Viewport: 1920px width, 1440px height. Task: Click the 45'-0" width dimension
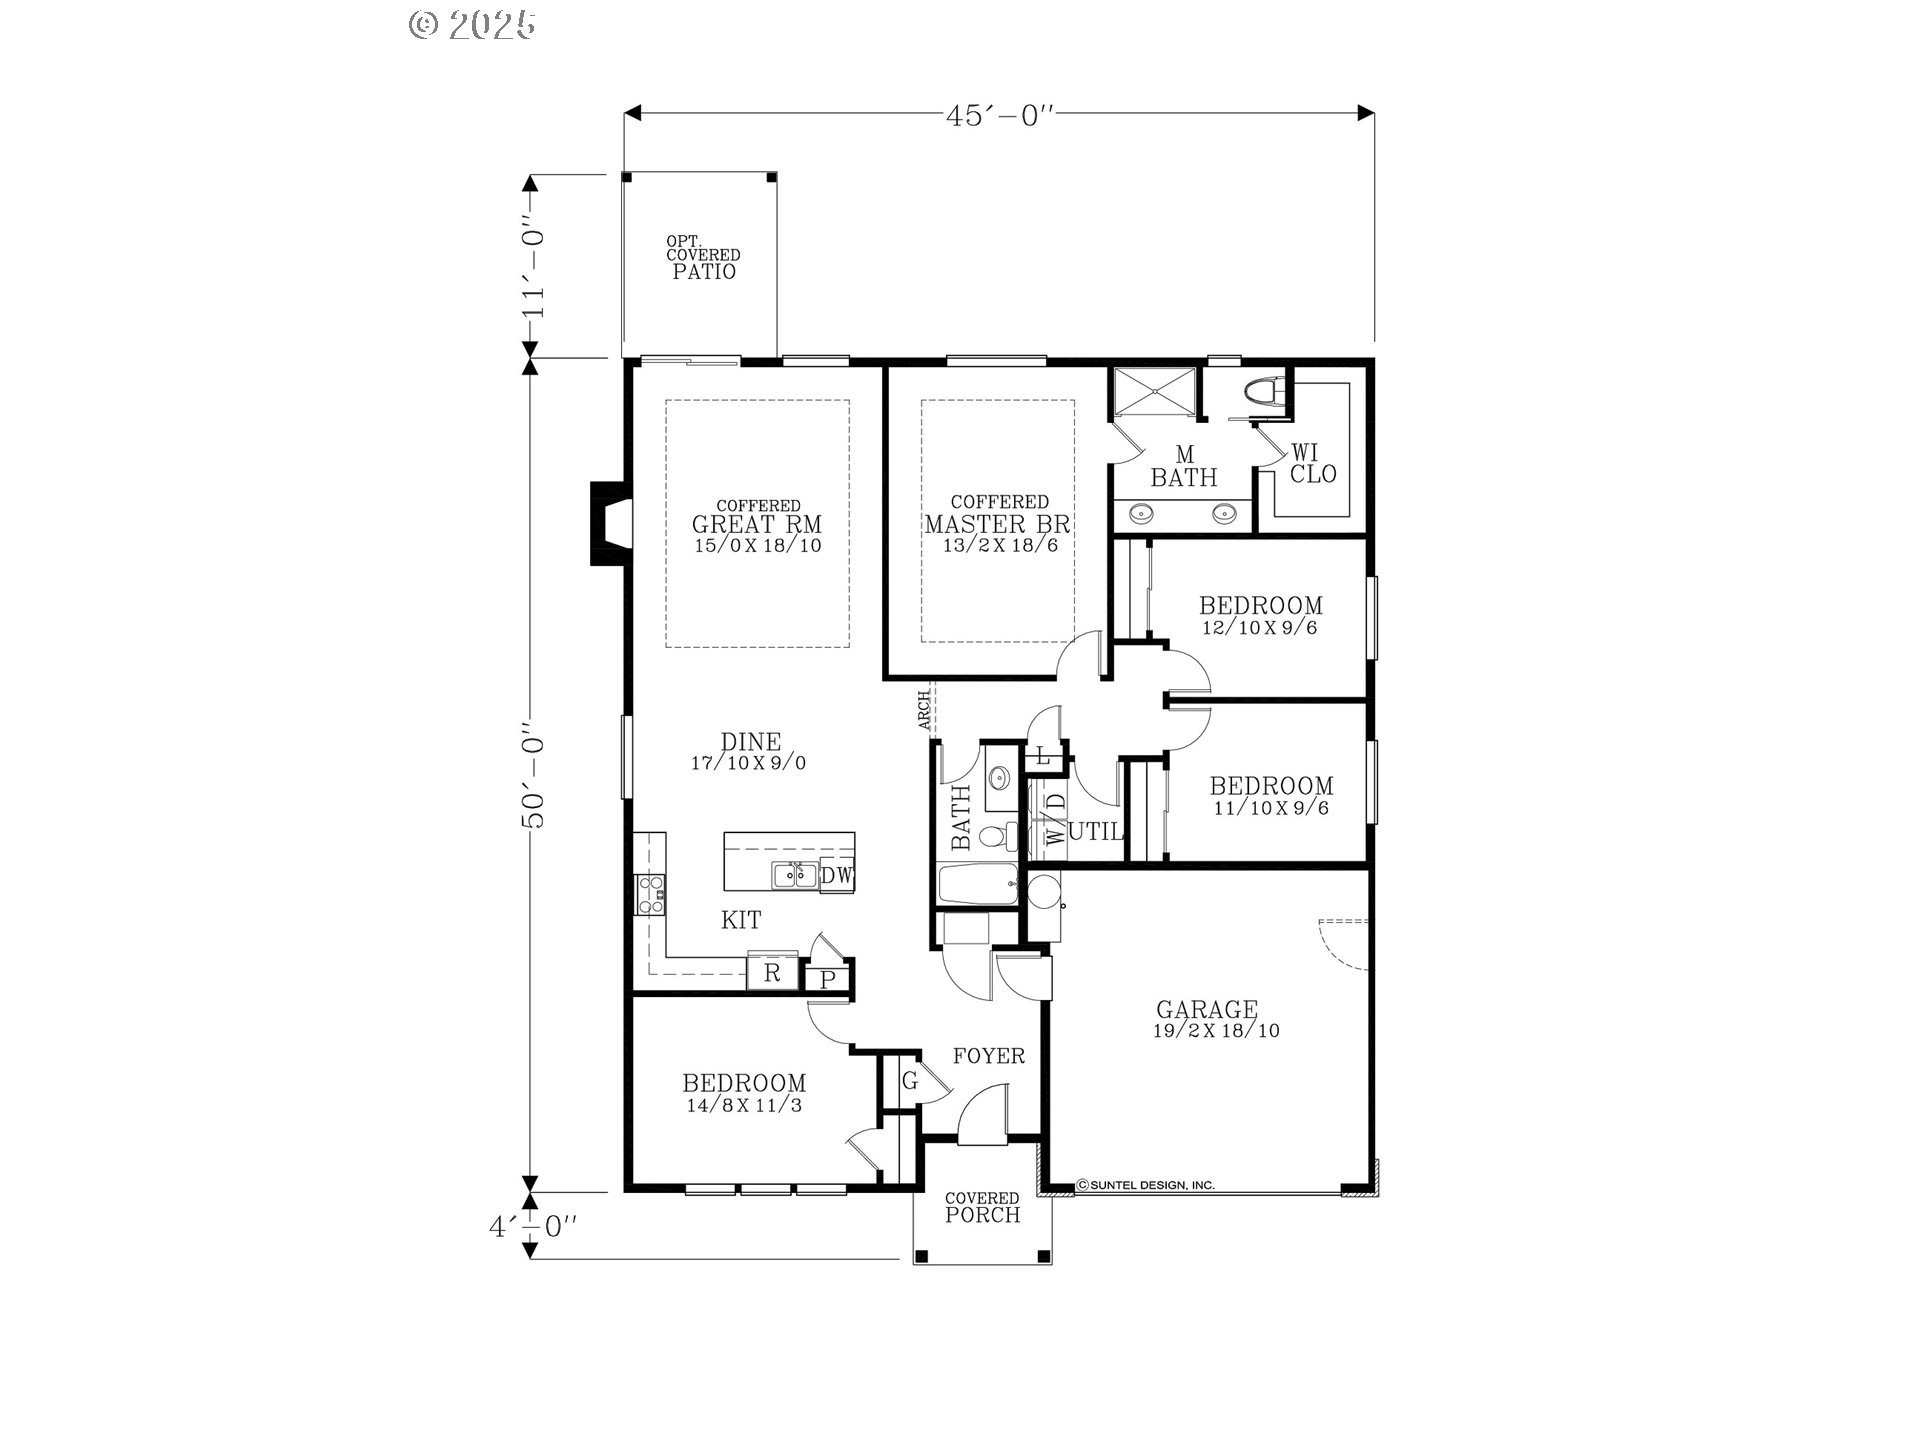pos(1000,114)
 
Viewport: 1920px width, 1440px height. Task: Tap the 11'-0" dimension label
pos(534,270)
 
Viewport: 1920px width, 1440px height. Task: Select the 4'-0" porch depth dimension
pos(533,1226)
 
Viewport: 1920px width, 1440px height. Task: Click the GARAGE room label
pos(1206,1010)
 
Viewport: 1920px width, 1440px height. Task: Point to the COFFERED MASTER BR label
pos(998,514)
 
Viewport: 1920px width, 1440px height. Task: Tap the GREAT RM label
pos(757,524)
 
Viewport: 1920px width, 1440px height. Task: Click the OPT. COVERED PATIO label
pos(704,257)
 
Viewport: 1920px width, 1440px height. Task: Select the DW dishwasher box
pos(837,876)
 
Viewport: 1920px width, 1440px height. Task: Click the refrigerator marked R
pos(772,973)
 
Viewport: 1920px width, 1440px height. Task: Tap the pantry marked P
pos(827,979)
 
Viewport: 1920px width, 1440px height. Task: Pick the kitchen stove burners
pos(650,894)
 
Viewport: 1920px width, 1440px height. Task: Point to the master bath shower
pos(1155,390)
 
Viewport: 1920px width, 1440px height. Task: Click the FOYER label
pos(988,1056)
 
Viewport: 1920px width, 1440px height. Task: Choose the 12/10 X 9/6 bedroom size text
pos(1260,628)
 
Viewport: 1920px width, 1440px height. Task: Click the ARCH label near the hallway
pos(925,709)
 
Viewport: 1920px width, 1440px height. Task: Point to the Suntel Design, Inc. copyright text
pos(1146,1185)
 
